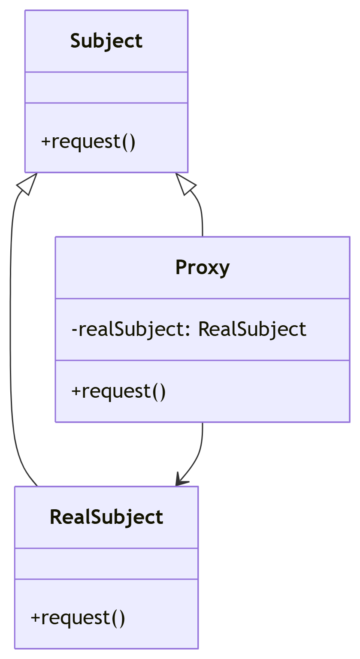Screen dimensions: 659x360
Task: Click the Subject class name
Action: [x=106, y=41]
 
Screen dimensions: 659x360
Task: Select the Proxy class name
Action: [x=203, y=267]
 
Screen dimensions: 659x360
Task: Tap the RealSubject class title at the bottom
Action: [x=106, y=517]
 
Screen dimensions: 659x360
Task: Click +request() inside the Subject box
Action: [x=88, y=142]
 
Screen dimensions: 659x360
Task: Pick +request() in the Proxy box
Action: [x=118, y=391]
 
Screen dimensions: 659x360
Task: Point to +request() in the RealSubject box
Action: [x=78, y=618]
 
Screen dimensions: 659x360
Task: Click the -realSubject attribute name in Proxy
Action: [x=130, y=329]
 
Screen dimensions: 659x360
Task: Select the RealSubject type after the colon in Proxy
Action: [x=252, y=329]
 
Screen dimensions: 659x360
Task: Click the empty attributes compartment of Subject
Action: [x=106, y=88]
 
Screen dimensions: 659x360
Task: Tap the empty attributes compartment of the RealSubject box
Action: [x=106, y=563]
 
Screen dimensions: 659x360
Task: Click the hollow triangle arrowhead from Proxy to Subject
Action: [x=185, y=184]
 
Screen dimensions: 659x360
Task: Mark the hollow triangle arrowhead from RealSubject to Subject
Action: [x=27, y=184]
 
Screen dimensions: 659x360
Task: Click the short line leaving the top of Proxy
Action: [x=202, y=219]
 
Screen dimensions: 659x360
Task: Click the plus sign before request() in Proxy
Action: [x=76, y=392]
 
